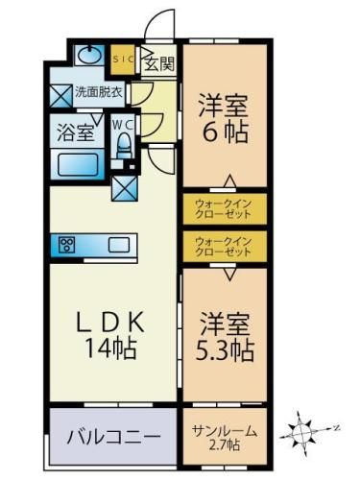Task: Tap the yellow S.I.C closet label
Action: [124, 59]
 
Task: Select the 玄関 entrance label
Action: [158, 64]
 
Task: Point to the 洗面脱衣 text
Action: [99, 93]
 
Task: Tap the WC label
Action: [123, 124]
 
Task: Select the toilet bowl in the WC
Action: [122, 147]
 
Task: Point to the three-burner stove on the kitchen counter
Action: [68, 243]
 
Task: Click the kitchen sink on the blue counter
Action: [120, 243]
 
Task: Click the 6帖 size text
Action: [224, 132]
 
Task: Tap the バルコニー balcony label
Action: [112, 438]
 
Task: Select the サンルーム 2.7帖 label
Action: [223, 437]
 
